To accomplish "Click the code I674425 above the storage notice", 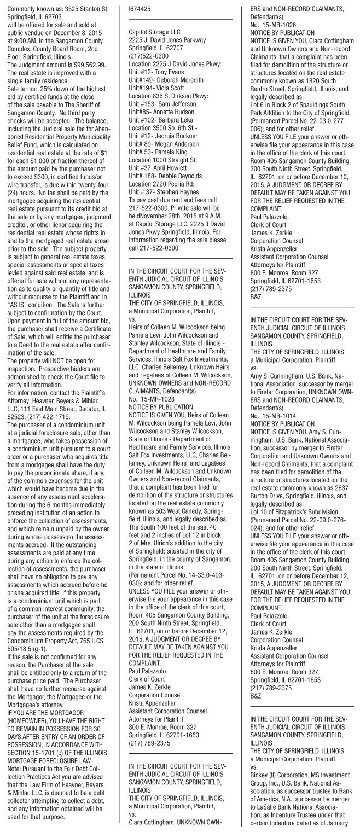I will pos(138,9).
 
